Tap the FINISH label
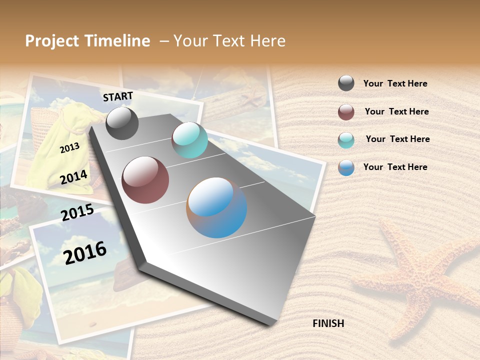coord(328,323)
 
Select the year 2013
coord(69,147)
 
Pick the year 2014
coord(73,177)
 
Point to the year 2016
coord(85,252)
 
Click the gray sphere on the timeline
coord(122,123)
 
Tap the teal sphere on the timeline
coord(189,140)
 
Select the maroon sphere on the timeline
coord(145,180)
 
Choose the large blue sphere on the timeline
coord(216,207)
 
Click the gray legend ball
coord(346,83)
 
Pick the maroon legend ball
coord(346,112)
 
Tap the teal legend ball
coord(346,140)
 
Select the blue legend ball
coord(346,168)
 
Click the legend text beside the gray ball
coord(395,84)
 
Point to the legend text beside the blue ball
coord(395,167)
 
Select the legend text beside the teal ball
coord(397,139)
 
